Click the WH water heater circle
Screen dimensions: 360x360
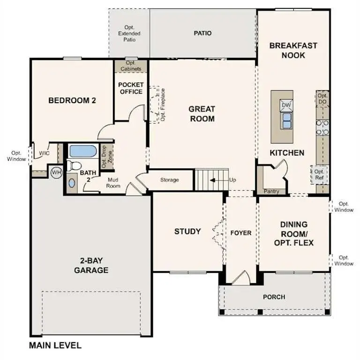pos(56,172)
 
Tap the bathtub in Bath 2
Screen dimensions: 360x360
pos(83,151)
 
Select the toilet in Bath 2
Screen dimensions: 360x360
pos(73,165)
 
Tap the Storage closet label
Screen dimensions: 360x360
pos(169,180)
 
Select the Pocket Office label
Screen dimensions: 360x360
pos(131,88)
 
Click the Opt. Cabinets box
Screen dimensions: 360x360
pos(131,66)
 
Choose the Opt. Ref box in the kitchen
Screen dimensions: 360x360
pos(319,175)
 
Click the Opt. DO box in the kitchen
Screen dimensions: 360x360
pos(322,98)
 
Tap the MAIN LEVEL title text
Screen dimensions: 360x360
pos(55,346)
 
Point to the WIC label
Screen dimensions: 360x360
pos(45,153)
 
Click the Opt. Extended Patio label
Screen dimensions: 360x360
pos(129,34)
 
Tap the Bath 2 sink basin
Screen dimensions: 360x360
pos(71,183)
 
